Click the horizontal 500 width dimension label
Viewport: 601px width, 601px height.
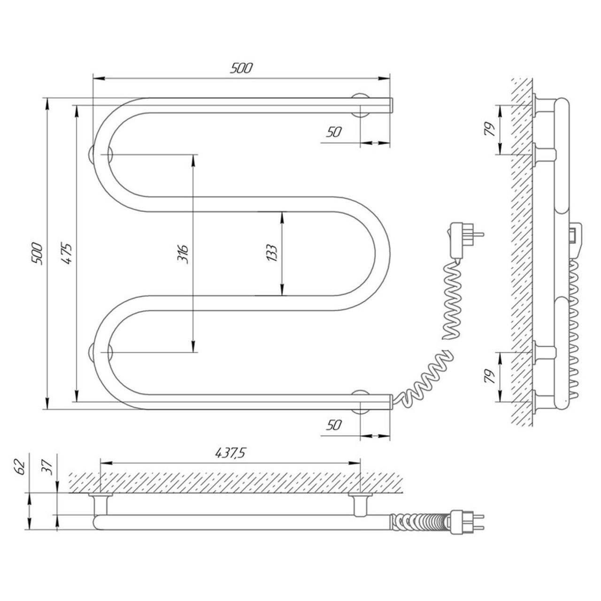(x=241, y=68)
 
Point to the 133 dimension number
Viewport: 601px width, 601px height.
(x=272, y=253)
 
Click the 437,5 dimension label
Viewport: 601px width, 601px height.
(x=231, y=453)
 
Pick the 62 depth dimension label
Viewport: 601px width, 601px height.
(x=19, y=467)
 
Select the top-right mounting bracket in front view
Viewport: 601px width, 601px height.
(x=361, y=105)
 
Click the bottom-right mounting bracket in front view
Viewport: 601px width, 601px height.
(x=361, y=402)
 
